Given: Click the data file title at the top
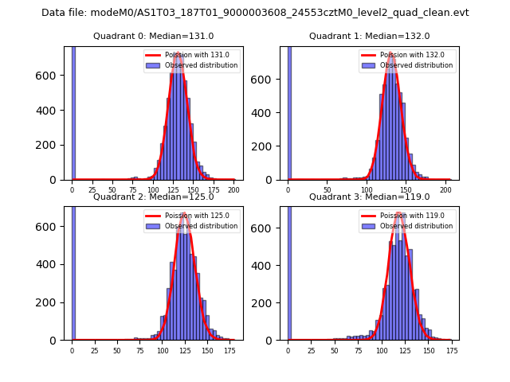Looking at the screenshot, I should [x=255, y=13].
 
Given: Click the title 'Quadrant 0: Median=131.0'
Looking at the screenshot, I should [x=154, y=36].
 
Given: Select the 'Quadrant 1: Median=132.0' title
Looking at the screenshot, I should [x=369, y=36].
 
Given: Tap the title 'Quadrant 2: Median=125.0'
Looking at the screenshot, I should [x=154, y=197].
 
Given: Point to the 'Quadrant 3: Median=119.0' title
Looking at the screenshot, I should [x=369, y=197].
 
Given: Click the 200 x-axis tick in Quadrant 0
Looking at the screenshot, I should [x=233, y=190].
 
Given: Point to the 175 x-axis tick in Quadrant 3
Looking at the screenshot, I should [x=451, y=350].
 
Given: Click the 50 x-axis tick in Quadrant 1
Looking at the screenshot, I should [x=328, y=190].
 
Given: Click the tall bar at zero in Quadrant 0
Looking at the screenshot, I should [x=73, y=111].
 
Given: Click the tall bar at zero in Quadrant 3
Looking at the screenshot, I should [x=289, y=271].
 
